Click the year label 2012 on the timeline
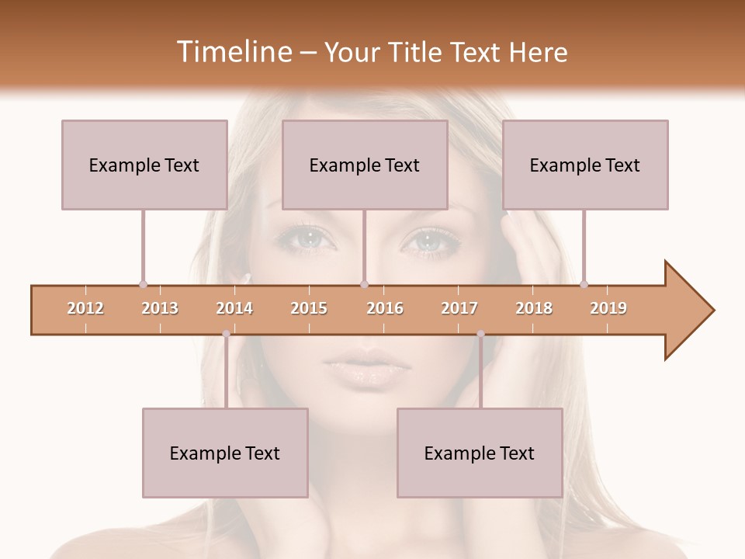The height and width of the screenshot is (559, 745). click(85, 308)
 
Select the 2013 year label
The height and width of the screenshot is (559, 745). click(160, 308)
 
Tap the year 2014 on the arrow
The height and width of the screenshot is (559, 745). click(234, 308)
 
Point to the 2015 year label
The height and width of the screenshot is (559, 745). click(309, 308)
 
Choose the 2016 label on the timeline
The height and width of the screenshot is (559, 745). click(385, 308)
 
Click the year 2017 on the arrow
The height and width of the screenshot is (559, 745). click(459, 308)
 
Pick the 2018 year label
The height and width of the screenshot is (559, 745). click(534, 308)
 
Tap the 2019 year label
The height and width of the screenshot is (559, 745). click(608, 308)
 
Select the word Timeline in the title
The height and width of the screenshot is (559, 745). click(233, 52)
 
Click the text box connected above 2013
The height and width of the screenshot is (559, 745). click(144, 165)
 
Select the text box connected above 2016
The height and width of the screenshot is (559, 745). click(365, 165)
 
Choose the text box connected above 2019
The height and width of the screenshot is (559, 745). click(585, 165)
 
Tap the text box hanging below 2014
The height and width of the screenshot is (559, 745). click(225, 453)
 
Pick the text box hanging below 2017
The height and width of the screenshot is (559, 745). click(480, 453)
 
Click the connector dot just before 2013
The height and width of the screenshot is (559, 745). click(143, 284)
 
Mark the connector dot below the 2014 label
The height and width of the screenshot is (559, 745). click(226, 334)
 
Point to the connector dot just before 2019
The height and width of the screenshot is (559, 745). click(584, 284)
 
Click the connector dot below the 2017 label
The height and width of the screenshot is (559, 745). click(480, 334)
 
